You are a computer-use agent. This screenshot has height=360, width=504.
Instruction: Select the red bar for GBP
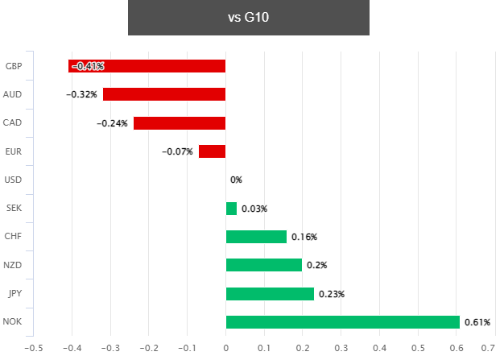pyautogui.click(x=147, y=66)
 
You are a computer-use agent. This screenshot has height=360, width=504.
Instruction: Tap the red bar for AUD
pyautogui.click(x=164, y=94)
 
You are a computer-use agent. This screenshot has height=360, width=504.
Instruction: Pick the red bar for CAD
pyautogui.click(x=180, y=123)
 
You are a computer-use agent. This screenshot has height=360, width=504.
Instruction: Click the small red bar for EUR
pyautogui.click(x=212, y=151)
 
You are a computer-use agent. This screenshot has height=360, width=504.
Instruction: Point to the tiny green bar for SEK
pyautogui.click(x=231, y=209)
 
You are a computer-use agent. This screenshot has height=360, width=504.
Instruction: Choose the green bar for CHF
pyautogui.click(x=256, y=237)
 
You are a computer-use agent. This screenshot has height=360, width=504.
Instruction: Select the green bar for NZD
pyautogui.click(x=264, y=265)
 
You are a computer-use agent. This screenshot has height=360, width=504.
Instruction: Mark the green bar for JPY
pyautogui.click(x=270, y=294)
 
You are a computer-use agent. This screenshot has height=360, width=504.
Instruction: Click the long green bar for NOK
pyautogui.click(x=342, y=322)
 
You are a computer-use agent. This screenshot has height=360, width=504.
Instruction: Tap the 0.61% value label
pyautogui.click(x=477, y=322)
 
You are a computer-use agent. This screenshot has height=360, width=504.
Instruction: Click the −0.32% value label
pyautogui.click(x=82, y=94)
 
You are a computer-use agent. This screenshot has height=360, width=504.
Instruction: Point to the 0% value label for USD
pyautogui.click(x=236, y=180)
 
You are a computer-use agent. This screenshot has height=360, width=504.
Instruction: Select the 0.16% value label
pyautogui.click(x=304, y=237)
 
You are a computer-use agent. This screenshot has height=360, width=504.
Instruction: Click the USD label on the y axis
pyautogui.click(x=13, y=180)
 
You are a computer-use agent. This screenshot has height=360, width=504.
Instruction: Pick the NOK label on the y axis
pyautogui.click(x=13, y=322)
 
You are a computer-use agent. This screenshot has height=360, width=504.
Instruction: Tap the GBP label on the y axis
pyautogui.click(x=13, y=66)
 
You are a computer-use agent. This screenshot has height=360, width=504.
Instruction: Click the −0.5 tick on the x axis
pyautogui.click(x=34, y=348)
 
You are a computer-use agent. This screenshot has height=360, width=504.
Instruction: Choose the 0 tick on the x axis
pyautogui.click(x=225, y=348)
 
